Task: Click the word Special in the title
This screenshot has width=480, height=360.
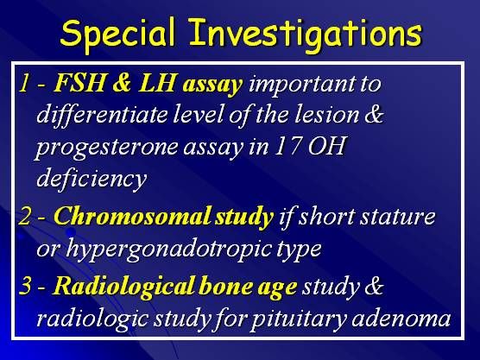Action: (x=118, y=34)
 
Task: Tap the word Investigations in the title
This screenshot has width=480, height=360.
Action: (x=306, y=35)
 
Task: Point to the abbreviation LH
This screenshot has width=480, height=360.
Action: (x=156, y=83)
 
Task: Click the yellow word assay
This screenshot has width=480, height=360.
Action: (x=212, y=85)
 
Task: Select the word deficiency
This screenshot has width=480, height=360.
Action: (x=92, y=179)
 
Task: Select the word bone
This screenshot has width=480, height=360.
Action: (x=225, y=286)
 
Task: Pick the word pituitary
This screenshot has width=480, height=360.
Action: (x=300, y=319)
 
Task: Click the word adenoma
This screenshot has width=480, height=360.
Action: (x=401, y=319)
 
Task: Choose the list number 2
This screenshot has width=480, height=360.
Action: (x=25, y=216)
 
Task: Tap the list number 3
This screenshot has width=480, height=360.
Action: (x=25, y=286)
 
